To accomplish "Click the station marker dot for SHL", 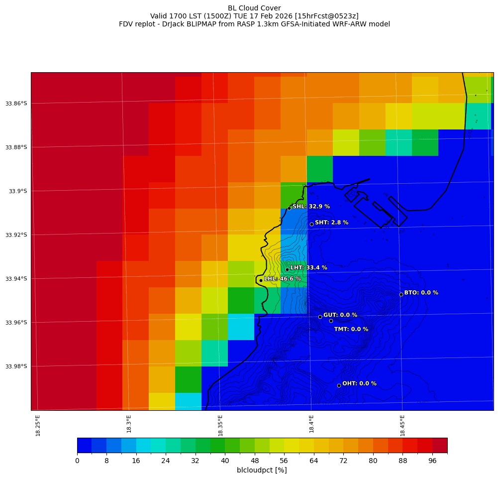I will coord(289,208).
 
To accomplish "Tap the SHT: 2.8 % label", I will coord(331,223).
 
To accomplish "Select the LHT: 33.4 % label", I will coord(308,268).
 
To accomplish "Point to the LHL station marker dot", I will coord(261,280).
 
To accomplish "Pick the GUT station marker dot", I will coord(320,317).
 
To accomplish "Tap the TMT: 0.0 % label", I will coord(351,329).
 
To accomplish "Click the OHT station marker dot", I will coord(339,385).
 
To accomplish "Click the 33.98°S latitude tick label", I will coord(16,366).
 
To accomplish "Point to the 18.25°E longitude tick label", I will coord(38,425).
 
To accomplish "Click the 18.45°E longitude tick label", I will coord(402,425).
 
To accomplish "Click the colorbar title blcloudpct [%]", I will coord(262,470).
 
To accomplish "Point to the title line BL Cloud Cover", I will coord(254,8).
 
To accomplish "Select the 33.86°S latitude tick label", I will coord(16,104).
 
